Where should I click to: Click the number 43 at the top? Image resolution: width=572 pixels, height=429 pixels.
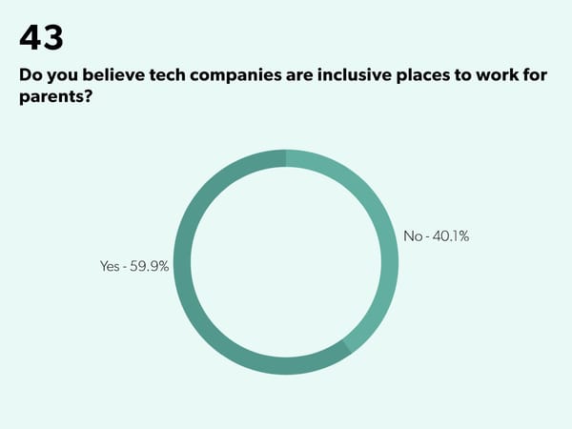coord(41,37)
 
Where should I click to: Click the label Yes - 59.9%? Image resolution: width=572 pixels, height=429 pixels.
coord(134,267)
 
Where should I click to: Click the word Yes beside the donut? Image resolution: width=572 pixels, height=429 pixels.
coord(110,267)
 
